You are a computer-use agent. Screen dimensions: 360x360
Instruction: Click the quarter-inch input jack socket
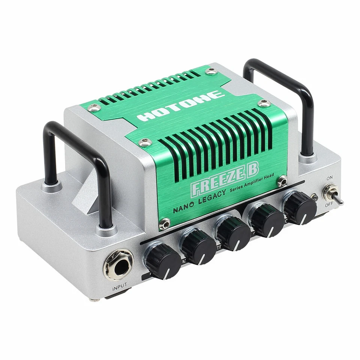tap(118, 265)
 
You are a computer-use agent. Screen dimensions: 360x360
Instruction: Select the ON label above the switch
tap(330, 178)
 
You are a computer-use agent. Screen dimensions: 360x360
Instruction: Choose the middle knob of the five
tap(233, 233)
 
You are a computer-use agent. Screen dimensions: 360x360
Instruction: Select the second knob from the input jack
tap(198, 246)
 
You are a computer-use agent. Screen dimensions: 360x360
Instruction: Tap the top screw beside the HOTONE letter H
tap(94, 108)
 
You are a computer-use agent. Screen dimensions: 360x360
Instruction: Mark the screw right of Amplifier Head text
tap(282, 181)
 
